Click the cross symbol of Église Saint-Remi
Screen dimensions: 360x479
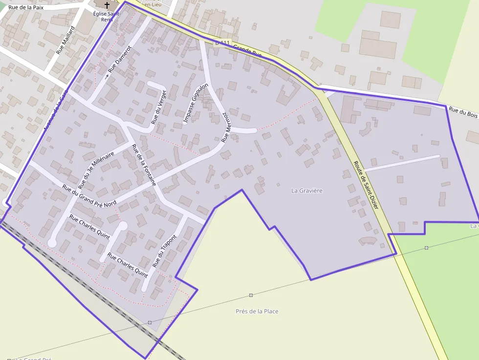click(107, 5)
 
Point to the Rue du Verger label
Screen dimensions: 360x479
click(159, 107)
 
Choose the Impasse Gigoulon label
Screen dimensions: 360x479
click(196, 103)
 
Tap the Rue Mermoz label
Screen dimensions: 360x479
click(225, 127)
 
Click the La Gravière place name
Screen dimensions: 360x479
click(307, 190)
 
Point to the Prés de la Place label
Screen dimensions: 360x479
click(257, 311)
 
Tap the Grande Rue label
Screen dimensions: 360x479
click(247, 50)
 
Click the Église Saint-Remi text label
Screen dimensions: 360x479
click(107, 17)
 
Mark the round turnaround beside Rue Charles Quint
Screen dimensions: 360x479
click(123, 225)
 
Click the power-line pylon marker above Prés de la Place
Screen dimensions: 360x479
click(251, 295)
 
